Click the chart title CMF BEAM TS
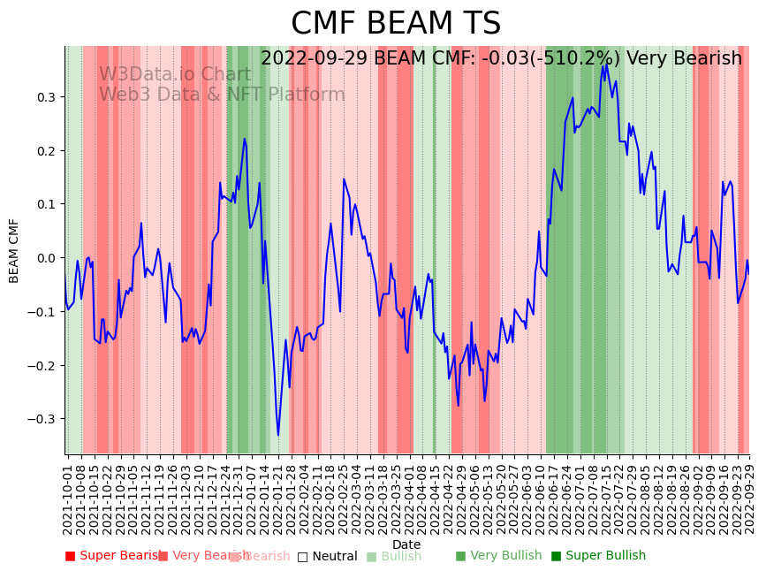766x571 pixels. click(396, 24)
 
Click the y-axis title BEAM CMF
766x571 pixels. click(14, 250)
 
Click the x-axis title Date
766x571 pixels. click(406, 544)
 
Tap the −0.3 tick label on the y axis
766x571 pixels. click(42, 419)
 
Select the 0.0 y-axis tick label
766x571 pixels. click(45, 258)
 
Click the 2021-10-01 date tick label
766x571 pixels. click(68, 495)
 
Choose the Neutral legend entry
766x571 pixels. click(327, 556)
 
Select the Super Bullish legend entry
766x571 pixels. click(598, 556)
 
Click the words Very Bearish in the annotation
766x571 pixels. click(684, 59)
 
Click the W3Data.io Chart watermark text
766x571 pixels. click(175, 75)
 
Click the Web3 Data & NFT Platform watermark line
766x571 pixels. click(222, 95)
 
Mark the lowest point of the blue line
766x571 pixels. click(277, 436)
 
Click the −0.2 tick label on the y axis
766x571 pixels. click(42, 366)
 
